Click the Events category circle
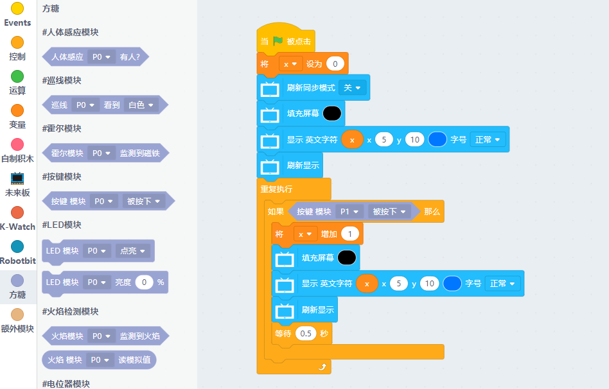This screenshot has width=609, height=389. (17, 8)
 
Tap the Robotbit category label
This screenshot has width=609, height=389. (17, 261)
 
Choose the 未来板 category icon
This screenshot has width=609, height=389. (17, 178)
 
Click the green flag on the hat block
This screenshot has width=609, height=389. (278, 41)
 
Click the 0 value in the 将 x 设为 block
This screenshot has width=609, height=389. (335, 64)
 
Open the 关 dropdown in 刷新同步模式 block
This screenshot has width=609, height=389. (352, 88)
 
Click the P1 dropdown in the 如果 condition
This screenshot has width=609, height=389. (349, 211)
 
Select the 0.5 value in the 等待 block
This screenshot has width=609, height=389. (306, 334)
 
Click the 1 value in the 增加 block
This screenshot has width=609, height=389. (350, 234)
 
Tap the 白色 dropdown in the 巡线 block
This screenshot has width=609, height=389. (141, 105)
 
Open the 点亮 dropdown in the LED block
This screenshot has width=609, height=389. (134, 250)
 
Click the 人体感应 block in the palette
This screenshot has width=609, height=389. (67, 56)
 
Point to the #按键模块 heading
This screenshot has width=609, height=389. (62, 177)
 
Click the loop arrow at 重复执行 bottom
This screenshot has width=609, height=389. (323, 367)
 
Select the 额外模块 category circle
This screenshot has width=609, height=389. (17, 315)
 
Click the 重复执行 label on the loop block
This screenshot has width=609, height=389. (276, 189)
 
